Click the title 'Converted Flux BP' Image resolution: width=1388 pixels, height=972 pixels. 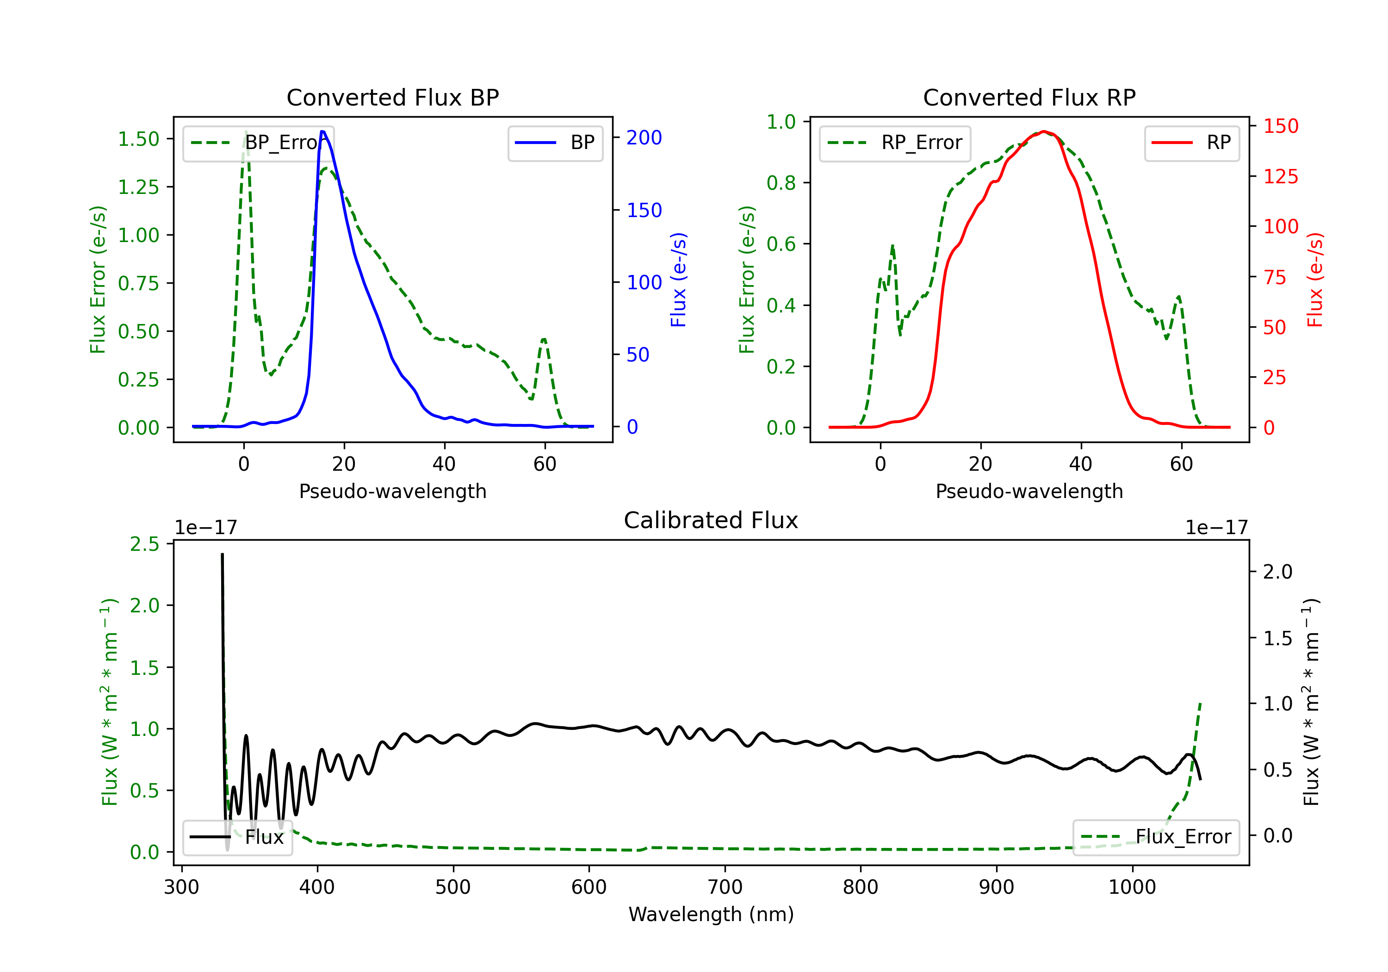coord(392,97)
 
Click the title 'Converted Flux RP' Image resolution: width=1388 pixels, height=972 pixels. coord(1029,97)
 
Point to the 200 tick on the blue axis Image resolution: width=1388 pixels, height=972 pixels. coord(644,137)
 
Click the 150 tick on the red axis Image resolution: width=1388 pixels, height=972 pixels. coord(1280,126)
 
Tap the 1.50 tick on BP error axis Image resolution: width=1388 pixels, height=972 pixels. coord(138,139)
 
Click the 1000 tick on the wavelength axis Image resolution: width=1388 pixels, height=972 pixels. coord(1132,887)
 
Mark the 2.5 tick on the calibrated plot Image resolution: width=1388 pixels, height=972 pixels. coord(144,544)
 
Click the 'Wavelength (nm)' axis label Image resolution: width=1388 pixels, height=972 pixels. coord(711,914)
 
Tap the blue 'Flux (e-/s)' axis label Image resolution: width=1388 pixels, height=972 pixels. coord(678,280)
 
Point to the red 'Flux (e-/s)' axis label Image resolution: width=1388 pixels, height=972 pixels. coord(1315,280)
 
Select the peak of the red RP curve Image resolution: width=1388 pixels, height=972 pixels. coord(1044,131)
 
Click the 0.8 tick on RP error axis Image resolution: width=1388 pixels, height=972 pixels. coord(781,183)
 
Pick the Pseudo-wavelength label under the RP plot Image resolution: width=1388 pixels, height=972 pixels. coord(1029,491)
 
